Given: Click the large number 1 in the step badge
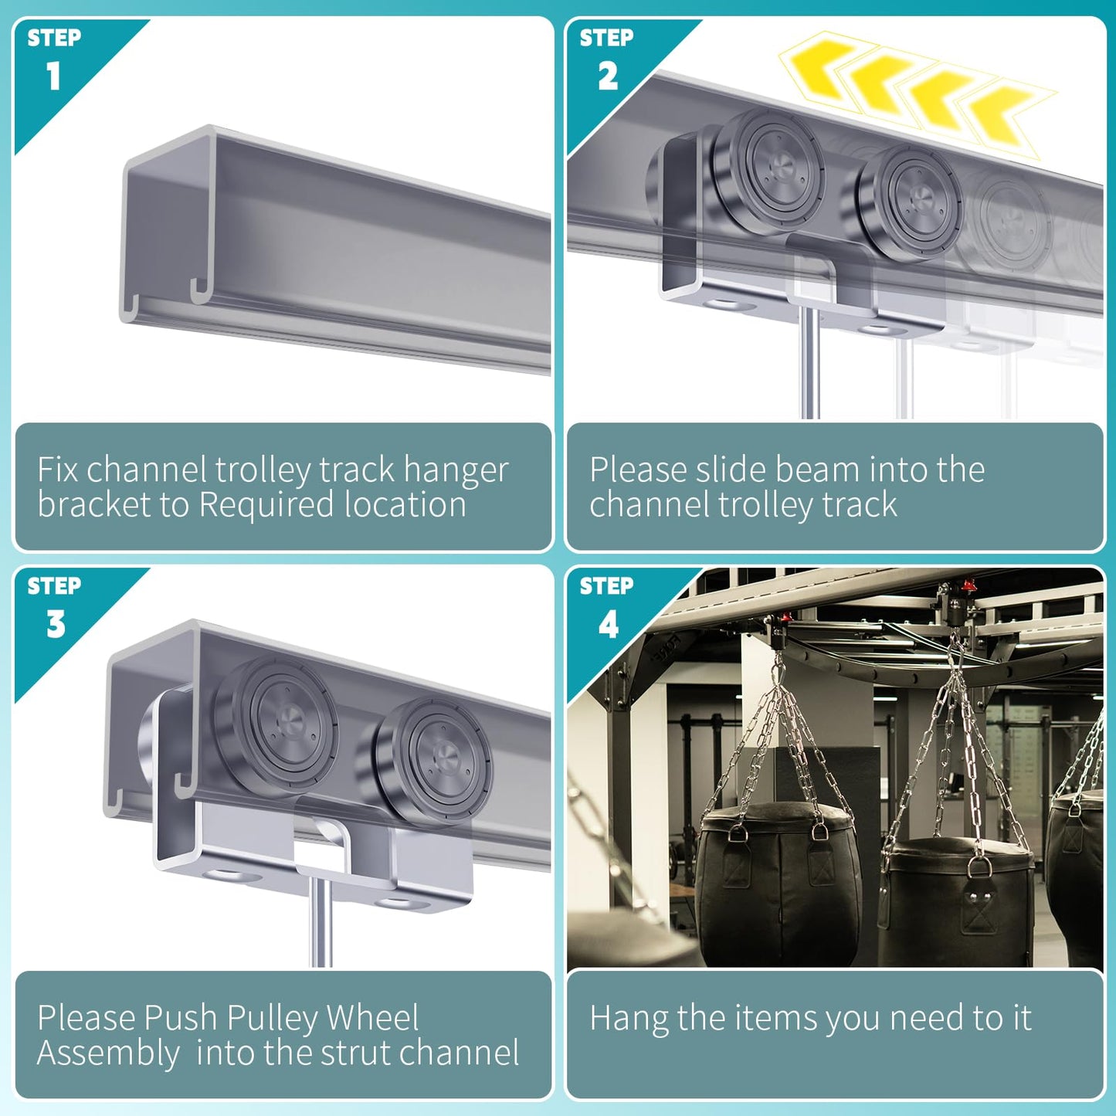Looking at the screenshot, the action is point(53,76).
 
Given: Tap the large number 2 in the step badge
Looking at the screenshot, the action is point(608,76).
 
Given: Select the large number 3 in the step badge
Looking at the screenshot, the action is point(56,624).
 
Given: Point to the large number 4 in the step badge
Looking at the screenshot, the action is point(608,624).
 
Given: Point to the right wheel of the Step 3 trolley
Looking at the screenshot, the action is point(434,762).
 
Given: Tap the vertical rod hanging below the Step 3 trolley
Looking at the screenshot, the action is point(321,921).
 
